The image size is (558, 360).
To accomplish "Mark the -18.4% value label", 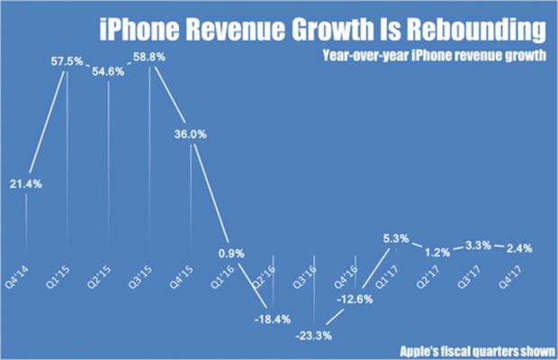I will tap(273, 319).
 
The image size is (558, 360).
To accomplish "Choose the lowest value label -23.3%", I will tap(313, 335).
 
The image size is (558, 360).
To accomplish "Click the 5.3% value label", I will tap(395, 238).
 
